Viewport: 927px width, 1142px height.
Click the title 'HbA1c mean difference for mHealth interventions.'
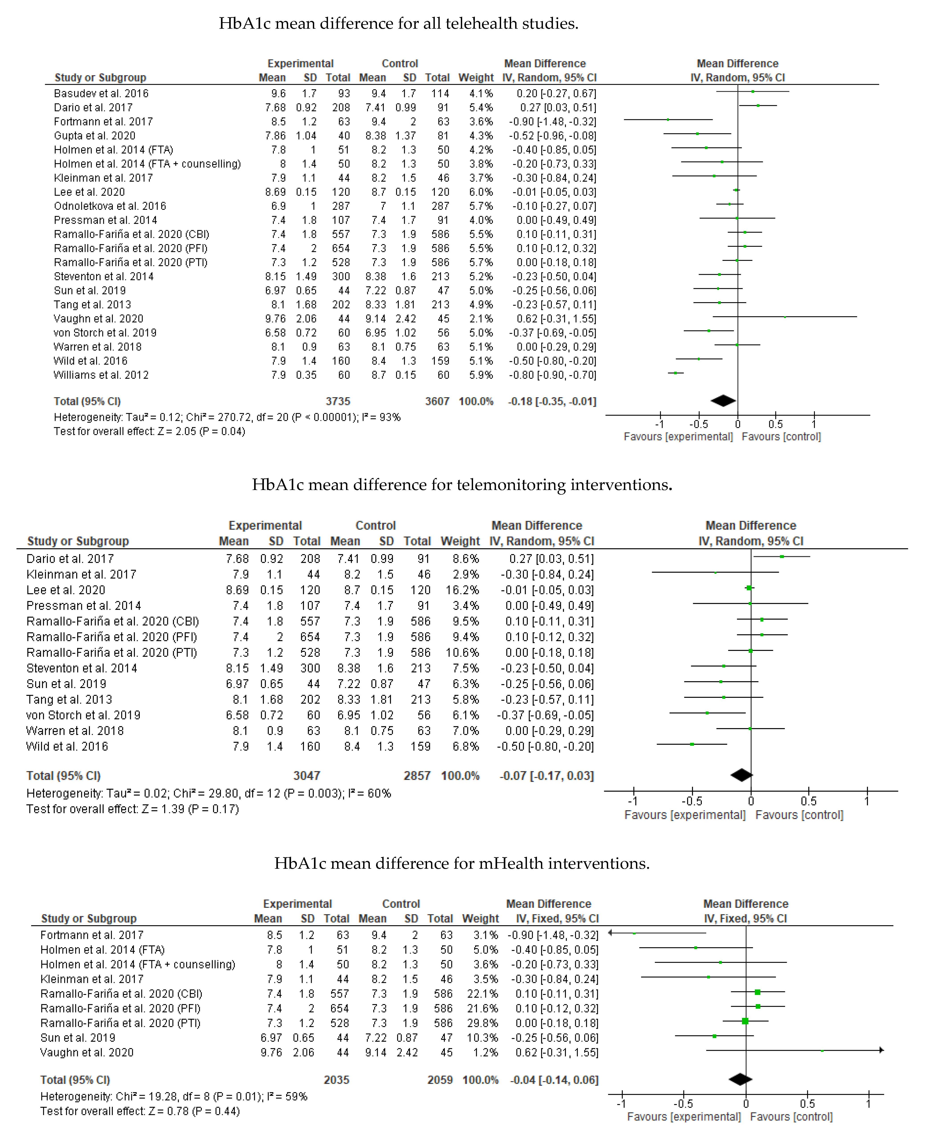(462, 863)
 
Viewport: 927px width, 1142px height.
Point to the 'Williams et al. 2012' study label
(101, 375)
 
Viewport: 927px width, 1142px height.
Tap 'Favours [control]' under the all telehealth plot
(781, 437)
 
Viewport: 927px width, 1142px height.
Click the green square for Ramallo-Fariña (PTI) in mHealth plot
(745, 1021)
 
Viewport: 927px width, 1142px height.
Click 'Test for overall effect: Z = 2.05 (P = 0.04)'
(149, 431)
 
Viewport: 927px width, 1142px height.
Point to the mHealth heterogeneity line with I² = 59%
(174, 1096)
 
